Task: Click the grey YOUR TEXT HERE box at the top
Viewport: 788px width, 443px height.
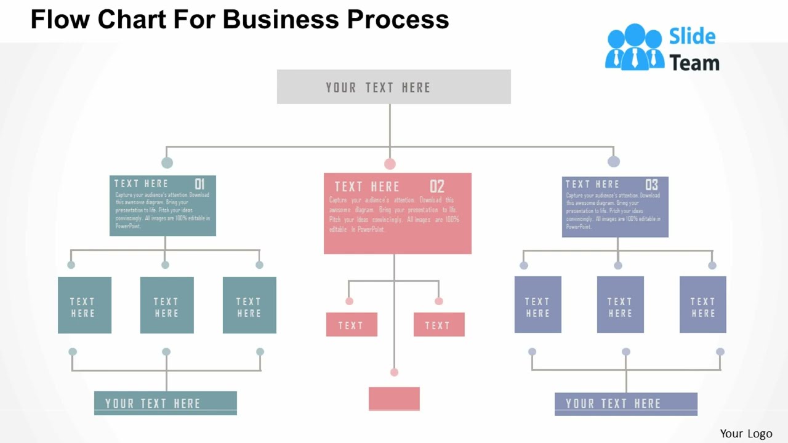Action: (393, 87)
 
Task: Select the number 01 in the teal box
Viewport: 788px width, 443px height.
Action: (199, 184)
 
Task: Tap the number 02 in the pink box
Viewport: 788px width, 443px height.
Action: (436, 186)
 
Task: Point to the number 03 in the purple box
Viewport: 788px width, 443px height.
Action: (651, 185)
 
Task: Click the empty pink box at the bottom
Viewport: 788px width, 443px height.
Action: (394, 398)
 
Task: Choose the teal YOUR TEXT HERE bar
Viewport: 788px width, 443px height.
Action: (165, 403)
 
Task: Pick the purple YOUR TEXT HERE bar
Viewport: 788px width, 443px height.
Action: (625, 404)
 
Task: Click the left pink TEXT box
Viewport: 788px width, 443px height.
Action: (352, 324)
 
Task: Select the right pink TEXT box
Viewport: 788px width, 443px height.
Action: (439, 324)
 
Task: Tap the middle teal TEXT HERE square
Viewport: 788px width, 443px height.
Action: (167, 305)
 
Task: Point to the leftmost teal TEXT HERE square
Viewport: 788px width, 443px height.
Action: (84, 305)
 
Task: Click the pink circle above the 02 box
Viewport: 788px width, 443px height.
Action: (390, 164)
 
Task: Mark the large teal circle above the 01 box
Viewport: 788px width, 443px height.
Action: (167, 162)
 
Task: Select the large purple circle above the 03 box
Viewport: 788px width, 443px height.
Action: (614, 161)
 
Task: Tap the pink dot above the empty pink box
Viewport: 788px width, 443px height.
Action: (394, 372)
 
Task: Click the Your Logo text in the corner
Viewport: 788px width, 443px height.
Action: (746, 434)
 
